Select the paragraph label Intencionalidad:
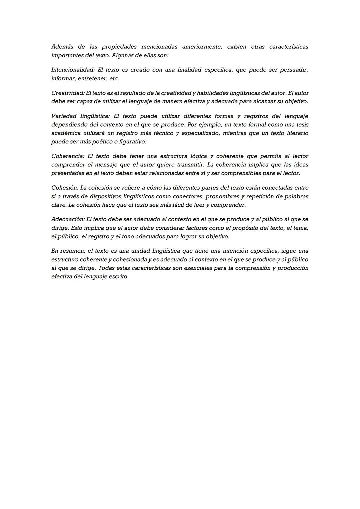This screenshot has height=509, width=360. pyautogui.click(x=73, y=70)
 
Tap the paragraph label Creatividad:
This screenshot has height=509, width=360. pyautogui.click(x=68, y=93)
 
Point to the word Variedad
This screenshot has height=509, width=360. pyautogui.click(x=63, y=116)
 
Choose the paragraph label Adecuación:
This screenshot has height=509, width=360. pyautogui.click(x=68, y=219)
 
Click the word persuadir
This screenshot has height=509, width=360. pyautogui.click(x=294, y=70)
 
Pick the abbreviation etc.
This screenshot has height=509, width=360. pyautogui.click(x=114, y=79)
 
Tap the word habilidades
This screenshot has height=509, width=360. pyautogui.click(x=213, y=93)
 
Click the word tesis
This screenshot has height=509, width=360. pyautogui.click(x=301, y=125)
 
